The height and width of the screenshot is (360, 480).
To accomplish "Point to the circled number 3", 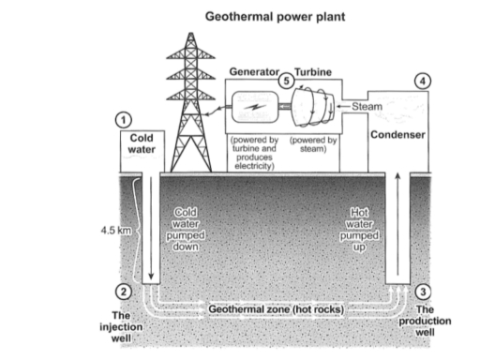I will [422, 292].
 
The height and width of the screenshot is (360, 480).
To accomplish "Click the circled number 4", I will [425, 82].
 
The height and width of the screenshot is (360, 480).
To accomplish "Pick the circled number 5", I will [287, 82].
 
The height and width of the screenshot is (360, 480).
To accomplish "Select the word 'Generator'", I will [254, 72].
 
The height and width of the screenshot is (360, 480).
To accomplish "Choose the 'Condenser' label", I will [398, 135].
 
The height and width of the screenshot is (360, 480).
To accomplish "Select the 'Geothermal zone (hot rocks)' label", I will [276, 308].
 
